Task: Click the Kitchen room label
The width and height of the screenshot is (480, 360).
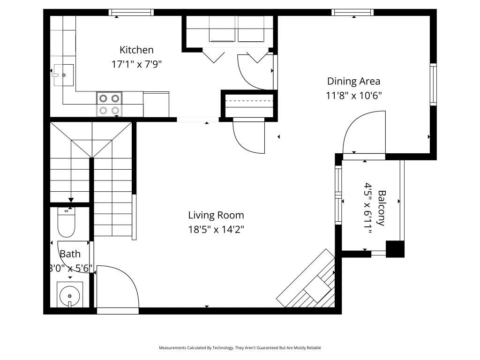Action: tap(136, 50)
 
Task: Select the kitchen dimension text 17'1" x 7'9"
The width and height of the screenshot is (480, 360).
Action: tap(136, 65)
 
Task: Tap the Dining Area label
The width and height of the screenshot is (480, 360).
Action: tap(353, 81)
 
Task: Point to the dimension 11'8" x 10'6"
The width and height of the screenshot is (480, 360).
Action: tap(353, 96)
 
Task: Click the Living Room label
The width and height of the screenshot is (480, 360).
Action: tap(216, 215)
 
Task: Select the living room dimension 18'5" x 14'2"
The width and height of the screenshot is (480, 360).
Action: tap(216, 230)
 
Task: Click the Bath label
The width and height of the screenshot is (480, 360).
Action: tap(70, 254)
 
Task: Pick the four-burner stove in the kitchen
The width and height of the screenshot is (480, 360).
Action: tap(109, 104)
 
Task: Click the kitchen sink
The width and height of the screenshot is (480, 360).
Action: tap(63, 75)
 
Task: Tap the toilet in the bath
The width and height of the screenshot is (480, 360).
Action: tap(66, 223)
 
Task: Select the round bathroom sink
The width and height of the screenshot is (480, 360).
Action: tap(70, 296)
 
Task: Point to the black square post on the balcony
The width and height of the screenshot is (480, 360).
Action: tap(395, 248)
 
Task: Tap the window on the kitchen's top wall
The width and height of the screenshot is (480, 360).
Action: tap(131, 13)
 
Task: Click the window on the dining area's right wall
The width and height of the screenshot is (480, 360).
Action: tap(433, 84)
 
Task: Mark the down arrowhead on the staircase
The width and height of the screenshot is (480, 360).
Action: tap(71, 200)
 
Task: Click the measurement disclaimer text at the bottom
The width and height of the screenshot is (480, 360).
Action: tap(240, 348)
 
